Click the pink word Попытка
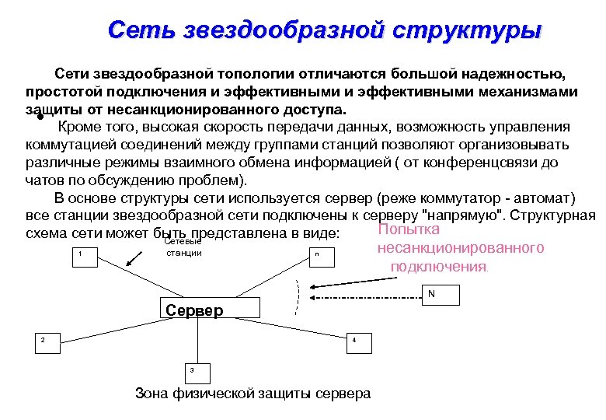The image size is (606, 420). [409, 230]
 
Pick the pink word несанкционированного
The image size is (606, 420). [461, 248]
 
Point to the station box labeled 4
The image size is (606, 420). [353, 341]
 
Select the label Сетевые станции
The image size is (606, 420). [183, 247]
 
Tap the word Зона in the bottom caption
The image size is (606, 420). [151, 393]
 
